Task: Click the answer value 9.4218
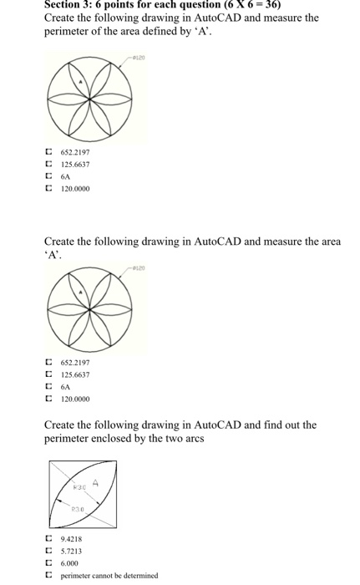click(71, 540)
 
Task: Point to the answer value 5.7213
click(71, 552)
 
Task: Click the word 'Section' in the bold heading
click(65, 4)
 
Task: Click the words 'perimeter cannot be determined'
click(109, 576)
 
